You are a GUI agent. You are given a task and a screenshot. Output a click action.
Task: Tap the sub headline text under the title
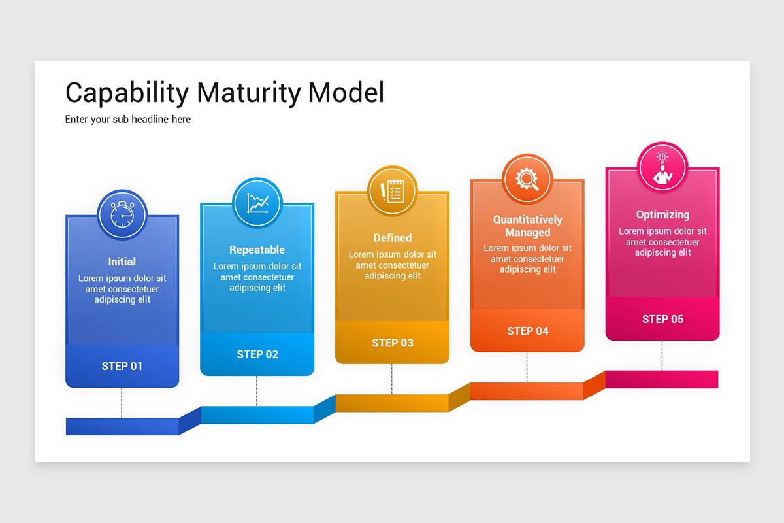click(x=128, y=120)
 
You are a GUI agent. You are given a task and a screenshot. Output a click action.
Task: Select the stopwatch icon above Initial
click(x=122, y=214)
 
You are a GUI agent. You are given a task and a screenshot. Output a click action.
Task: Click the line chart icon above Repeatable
click(x=257, y=203)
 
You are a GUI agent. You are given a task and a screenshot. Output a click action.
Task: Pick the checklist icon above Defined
click(x=392, y=191)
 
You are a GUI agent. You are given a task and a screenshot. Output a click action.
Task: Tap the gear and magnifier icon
click(x=527, y=179)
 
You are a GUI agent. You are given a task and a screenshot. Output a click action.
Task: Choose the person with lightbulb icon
click(x=662, y=167)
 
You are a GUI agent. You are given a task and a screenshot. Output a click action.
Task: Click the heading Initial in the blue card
click(x=122, y=261)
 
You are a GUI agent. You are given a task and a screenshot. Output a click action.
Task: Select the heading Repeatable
click(x=257, y=250)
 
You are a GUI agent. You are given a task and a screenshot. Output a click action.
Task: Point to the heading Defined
click(x=392, y=238)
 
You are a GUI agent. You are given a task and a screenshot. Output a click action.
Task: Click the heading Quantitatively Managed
click(x=527, y=226)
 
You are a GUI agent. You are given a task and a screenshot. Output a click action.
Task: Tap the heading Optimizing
click(x=662, y=214)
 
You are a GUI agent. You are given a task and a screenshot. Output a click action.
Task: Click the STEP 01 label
click(x=122, y=366)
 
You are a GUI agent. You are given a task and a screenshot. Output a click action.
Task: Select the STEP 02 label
click(x=257, y=354)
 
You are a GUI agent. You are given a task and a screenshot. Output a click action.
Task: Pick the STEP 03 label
click(x=392, y=343)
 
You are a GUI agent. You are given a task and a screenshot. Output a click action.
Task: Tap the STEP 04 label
click(x=527, y=331)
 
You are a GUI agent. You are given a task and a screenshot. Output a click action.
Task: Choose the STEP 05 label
click(x=662, y=319)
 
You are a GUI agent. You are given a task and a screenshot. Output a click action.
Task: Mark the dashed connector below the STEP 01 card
click(x=122, y=402)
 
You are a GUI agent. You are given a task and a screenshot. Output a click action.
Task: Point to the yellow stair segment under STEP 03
click(x=392, y=403)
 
